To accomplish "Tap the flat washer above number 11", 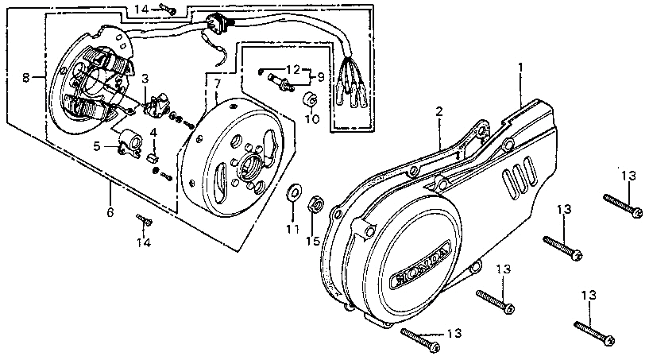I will click(x=294, y=192).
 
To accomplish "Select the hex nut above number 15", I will click(x=315, y=205).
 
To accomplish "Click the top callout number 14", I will click(x=141, y=9).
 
